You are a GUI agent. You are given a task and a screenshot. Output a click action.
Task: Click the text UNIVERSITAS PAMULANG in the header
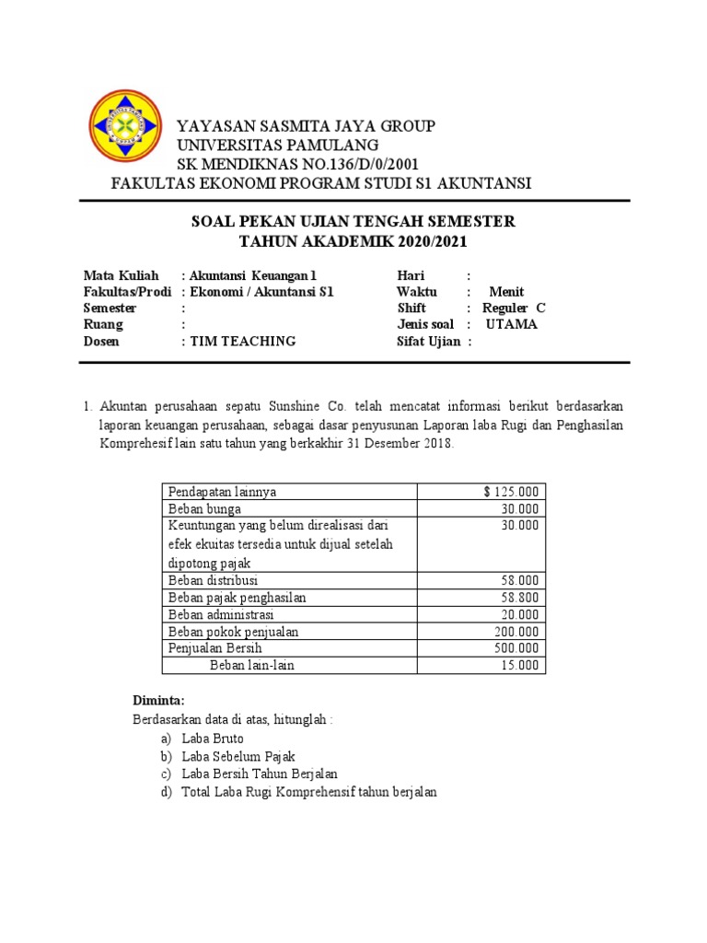(277, 146)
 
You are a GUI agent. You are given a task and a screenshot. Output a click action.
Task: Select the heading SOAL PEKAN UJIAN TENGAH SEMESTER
(353, 222)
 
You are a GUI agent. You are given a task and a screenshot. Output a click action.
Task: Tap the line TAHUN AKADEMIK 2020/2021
(353, 241)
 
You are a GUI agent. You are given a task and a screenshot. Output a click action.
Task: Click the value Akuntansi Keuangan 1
(257, 275)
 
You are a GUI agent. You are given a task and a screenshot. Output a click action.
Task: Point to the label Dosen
(101, 341)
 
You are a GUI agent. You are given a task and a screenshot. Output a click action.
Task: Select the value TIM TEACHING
(242, 341)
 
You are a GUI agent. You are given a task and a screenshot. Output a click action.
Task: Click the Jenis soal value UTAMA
(511, 324)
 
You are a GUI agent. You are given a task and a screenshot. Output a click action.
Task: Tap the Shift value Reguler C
(514, 309)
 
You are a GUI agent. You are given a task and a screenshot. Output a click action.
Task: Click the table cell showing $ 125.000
(512, 491)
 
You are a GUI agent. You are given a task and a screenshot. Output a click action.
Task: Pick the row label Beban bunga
(204, 508)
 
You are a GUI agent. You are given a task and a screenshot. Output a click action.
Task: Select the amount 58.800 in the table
(520, 598)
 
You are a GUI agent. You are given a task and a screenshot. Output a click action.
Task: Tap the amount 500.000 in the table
(516, 648)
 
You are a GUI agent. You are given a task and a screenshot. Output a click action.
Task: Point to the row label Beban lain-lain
(251, 665)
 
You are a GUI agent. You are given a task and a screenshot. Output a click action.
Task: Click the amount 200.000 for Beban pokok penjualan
(516, 632)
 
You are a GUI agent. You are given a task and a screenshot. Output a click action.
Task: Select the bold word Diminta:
(159, 700)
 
